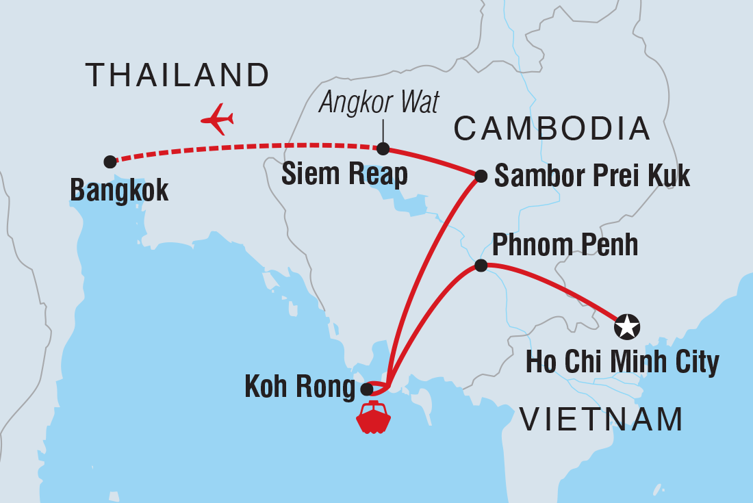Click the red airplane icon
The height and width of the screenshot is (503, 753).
point(218,119)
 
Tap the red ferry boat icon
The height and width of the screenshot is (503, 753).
point(373,417)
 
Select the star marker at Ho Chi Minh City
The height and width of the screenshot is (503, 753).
point(627,326)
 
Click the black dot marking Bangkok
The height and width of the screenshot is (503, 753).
point(110,162)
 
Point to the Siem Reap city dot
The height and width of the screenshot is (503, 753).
point(383,149)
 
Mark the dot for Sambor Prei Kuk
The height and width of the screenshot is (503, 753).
point(481,177)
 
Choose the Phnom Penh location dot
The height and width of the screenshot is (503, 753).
point(481,266)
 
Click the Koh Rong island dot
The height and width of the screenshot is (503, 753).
point(366,389)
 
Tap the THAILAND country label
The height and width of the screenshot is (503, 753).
point(177,75)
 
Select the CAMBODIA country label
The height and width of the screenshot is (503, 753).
point(552,129)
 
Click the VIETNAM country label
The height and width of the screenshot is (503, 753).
point(602,419)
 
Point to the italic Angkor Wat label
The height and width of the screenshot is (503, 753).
point(379,103)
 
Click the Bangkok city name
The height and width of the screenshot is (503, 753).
point(119,190)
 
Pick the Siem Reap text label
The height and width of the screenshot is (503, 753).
point(344,175)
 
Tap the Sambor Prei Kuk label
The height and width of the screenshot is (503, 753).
point(592,176)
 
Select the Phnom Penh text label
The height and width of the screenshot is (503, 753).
point(565,245)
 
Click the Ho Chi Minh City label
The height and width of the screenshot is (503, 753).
point(622,362)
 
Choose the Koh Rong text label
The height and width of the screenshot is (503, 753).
point(300,389)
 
